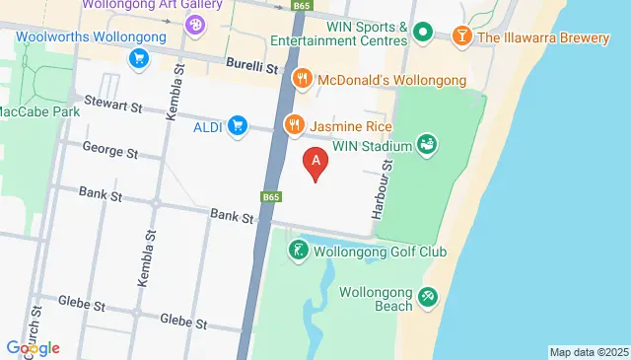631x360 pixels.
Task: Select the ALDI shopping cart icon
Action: tap(237, 125)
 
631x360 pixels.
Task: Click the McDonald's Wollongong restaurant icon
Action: tap(303, 78)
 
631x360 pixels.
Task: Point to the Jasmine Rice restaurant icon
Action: tap(294, 125)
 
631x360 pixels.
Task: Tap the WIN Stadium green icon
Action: tap(427, 146)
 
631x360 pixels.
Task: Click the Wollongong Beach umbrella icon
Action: tap(428, 296)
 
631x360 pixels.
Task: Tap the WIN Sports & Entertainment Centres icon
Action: tap(423, 34)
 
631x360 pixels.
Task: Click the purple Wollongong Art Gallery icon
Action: tap(196, 21)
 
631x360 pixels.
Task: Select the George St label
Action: tap(109, 153)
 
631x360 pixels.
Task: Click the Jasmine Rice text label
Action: tap(351, 126)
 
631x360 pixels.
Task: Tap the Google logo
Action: tap(33, 347)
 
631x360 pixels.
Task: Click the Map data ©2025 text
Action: tap(589, 352)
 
